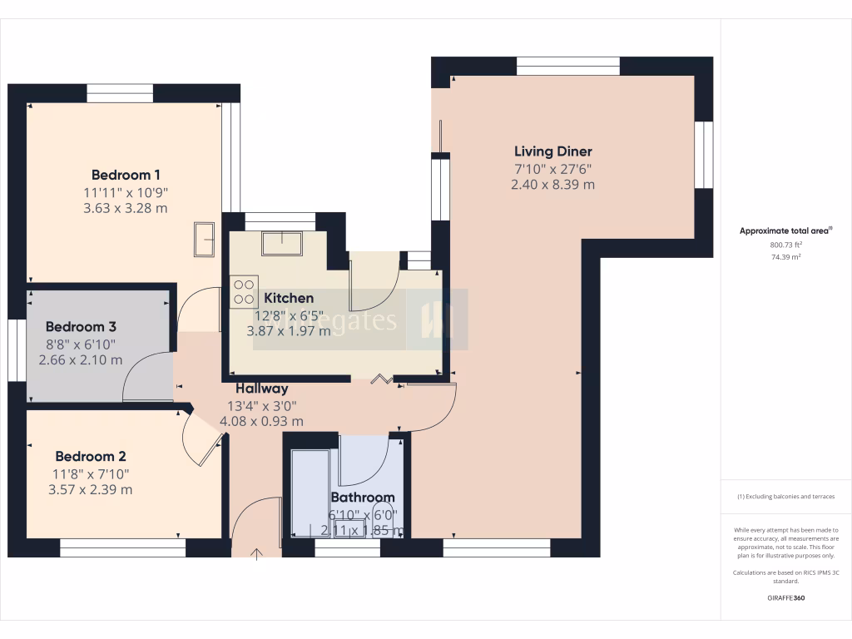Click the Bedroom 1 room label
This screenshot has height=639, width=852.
pos(126,175)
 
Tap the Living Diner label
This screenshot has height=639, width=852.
pos(552,151)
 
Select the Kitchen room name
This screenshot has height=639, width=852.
pos(289,298)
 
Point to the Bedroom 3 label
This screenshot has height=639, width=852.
pos(81,327)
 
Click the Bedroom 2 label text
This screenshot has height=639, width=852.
pos(91,456)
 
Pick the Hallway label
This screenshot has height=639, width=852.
pos(261,389)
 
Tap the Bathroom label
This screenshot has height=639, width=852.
pos(363,498)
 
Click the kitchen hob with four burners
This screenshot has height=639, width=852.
pos(244,290)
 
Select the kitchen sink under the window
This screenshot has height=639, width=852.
pos(282,243)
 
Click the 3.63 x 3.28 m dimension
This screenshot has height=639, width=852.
pos(126,208)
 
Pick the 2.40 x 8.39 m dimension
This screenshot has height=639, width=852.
pos(552,185)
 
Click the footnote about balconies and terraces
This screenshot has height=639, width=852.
pos(786,497)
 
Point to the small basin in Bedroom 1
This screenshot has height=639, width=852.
pos(205,239)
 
